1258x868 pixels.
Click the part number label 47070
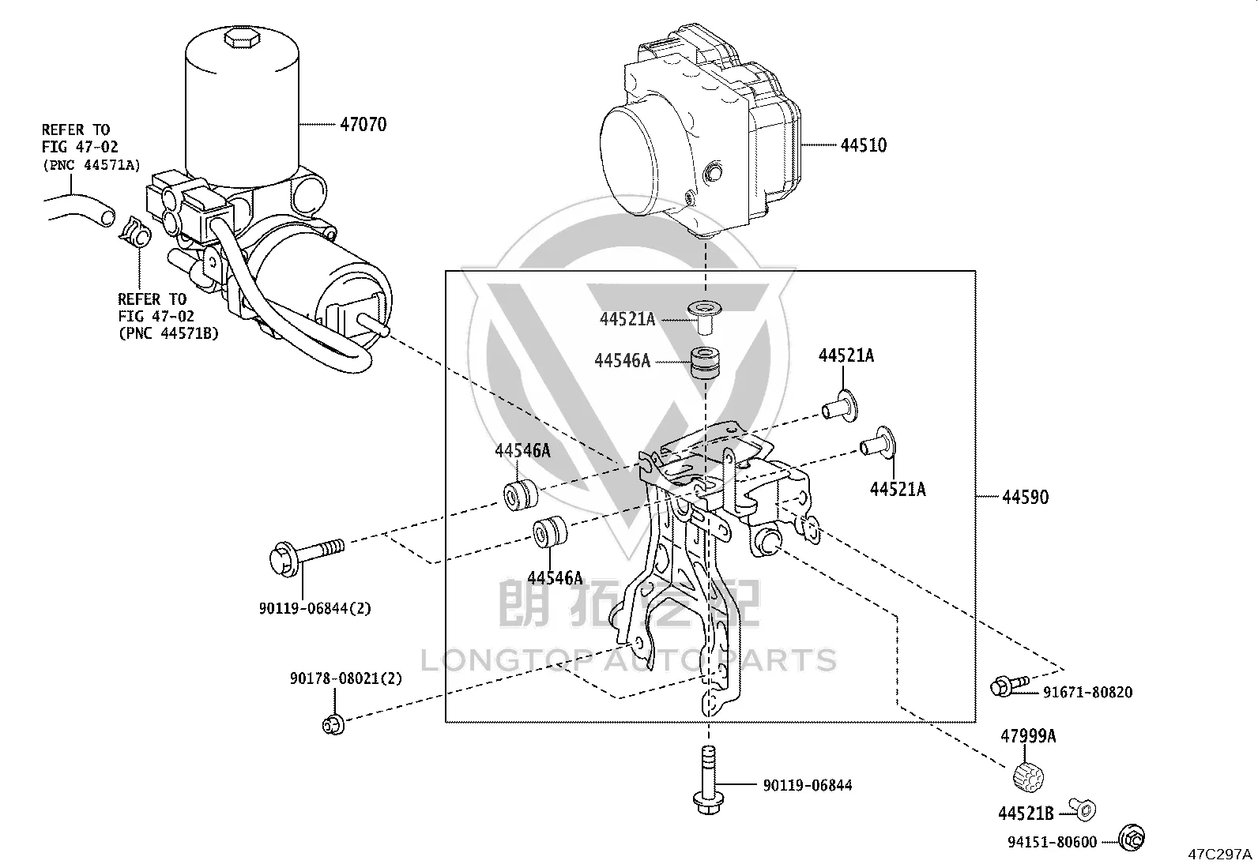(x=363, y=124)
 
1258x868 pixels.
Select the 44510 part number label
(x=864, y=145)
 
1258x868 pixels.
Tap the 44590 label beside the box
(x=1026, y=497)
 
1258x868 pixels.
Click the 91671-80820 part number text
(x=1088, y=692)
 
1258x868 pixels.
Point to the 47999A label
(x=1028, y=736)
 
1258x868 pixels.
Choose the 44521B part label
(x=1026, y=813)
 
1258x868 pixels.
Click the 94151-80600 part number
(x=1052, y=842)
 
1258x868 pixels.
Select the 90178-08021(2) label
(x=346, y=678)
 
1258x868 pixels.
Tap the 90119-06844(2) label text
(x=315, y=608)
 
